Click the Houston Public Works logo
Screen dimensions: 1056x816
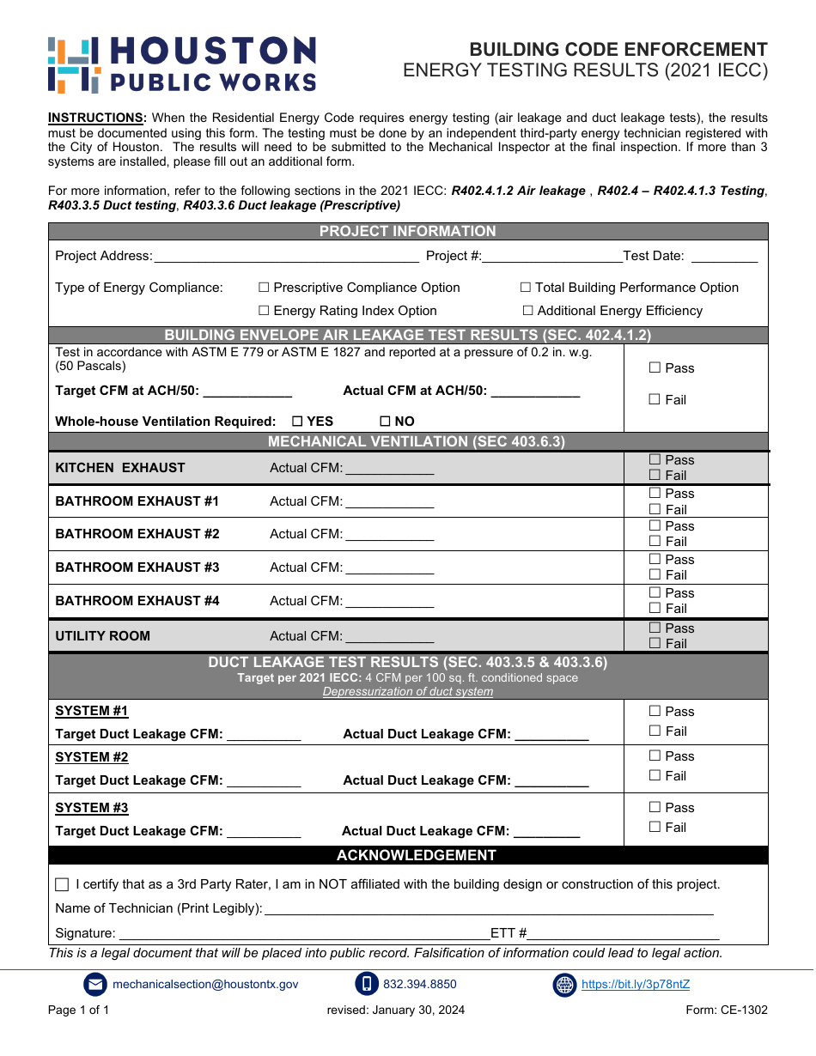tap(182, 64)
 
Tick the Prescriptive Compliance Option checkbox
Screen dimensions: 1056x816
tap(264, 288)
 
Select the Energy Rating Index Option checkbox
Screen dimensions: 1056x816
tap(264, 311)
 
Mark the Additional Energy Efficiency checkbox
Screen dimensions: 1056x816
tap(527, 311)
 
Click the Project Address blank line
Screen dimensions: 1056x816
tap(286, 256)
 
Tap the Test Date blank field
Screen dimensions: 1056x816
tap(724, 256)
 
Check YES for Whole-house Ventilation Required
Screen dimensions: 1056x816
tap(297, 422)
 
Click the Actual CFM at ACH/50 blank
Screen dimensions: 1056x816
tap(535, 391)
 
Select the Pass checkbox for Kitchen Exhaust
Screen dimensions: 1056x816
tap(655, 460)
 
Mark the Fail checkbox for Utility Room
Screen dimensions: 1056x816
tap(655, 644)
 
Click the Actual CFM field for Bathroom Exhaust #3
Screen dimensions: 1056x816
tap(389, 567)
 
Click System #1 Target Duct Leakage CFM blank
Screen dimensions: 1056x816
tap(264, 735)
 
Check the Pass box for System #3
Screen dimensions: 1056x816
tap(655, 808)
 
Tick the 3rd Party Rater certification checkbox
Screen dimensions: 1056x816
tap(62, 885)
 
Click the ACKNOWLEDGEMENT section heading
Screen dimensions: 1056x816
tap(416, 855)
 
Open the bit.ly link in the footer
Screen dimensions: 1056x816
tap(635, 985)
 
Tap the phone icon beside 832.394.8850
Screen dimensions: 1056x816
tap(367, 985)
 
